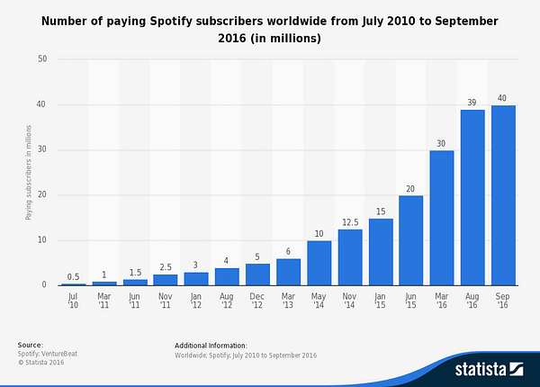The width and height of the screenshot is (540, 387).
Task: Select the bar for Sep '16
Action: [x=503, y=195]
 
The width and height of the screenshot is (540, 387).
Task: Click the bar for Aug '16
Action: [x=472, y=198]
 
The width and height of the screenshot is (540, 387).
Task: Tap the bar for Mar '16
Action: [x=442, y=218]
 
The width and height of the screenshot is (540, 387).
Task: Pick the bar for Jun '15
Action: [x=411, y=240]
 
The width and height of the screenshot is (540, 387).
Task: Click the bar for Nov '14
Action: [x=350, y=257]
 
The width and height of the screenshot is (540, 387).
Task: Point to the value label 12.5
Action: [x=350, y=221]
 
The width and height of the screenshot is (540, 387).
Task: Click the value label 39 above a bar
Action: [x=472, y=102]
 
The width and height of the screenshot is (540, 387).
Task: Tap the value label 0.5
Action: [x=74, y=275]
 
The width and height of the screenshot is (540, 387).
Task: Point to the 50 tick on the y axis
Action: [x=41, y=59]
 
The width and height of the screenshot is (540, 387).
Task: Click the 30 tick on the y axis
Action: [x=41, y=150]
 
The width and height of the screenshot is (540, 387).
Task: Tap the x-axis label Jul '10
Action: [x=74, y=299]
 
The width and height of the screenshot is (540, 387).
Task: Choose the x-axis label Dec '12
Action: [x=258, y=299]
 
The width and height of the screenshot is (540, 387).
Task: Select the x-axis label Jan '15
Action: [x=381, y=299]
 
